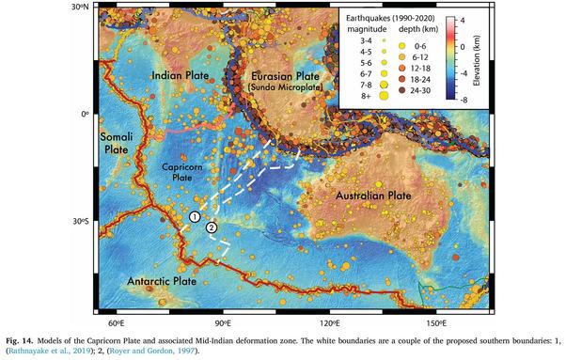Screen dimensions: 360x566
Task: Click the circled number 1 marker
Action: coord(195,217)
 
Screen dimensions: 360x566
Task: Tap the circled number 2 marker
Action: coord(212,227)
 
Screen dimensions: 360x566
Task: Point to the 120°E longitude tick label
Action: coord(328,321)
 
